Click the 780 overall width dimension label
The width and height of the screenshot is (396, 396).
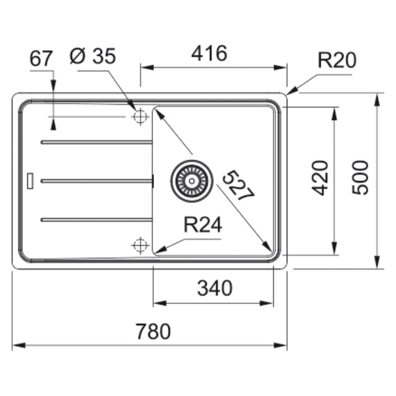point(153,331)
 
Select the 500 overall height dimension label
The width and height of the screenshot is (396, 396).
point(360,177)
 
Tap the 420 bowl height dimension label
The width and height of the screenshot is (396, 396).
point(320,178)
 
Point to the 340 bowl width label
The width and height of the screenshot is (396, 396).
point(214,288)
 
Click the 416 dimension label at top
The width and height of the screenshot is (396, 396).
point(209,53)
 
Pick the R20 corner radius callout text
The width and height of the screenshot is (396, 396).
point(337,60)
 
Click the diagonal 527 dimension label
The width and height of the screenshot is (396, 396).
point(238,186)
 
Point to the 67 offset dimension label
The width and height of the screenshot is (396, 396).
point(41,58)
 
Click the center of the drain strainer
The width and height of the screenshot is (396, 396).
point(192,181)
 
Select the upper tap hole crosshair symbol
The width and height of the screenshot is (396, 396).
point(140,117)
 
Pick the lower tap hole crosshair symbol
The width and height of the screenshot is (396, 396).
point(140,245)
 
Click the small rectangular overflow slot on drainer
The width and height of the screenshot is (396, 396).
point(30,181)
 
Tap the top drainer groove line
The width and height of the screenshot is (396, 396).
point(97,142)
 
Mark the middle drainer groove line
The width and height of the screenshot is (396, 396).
point(97,181)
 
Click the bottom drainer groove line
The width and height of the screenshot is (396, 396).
point(97,220)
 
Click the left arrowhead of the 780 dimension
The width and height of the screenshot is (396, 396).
point(19,345)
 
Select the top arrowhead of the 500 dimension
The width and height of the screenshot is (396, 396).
point(377,100)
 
